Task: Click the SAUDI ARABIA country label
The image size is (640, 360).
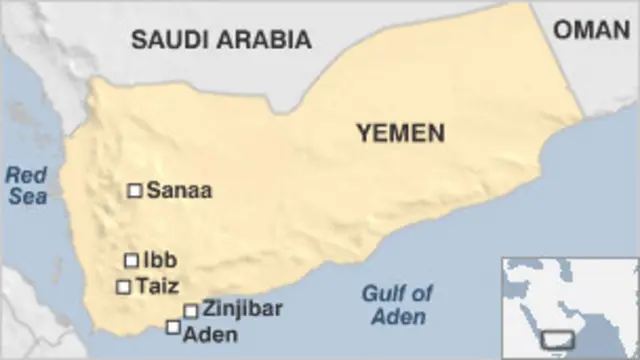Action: click(x=221, y=39)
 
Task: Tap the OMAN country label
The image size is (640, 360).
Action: click(x=592, y=29)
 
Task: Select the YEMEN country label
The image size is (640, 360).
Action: click(x=401, y=134)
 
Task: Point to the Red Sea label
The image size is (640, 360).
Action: click(x=27, y=186)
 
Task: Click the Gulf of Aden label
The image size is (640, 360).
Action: click(x=397, y=305)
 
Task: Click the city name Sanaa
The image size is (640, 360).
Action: click(x=179, y=190)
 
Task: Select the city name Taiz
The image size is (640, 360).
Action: click(x=158, y=286)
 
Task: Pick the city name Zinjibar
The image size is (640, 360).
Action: click(x=242, y=308)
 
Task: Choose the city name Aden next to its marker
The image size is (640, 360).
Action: click(x=211, y=334)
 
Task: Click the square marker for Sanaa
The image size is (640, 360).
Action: click(x=134, y=190)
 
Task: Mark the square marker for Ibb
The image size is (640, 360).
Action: click(x=131, y=260)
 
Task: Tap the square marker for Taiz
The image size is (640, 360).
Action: click(x=124, y=287)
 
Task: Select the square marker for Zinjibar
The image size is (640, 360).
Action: click(x=190, y=310)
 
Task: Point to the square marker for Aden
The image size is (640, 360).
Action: click(x=174, y=327)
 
